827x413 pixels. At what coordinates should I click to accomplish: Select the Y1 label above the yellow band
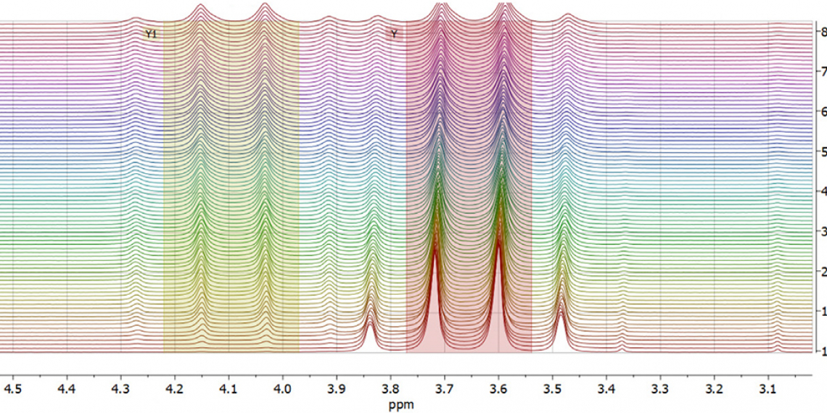[151, 33]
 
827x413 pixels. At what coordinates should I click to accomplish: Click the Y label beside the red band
[394, 33]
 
